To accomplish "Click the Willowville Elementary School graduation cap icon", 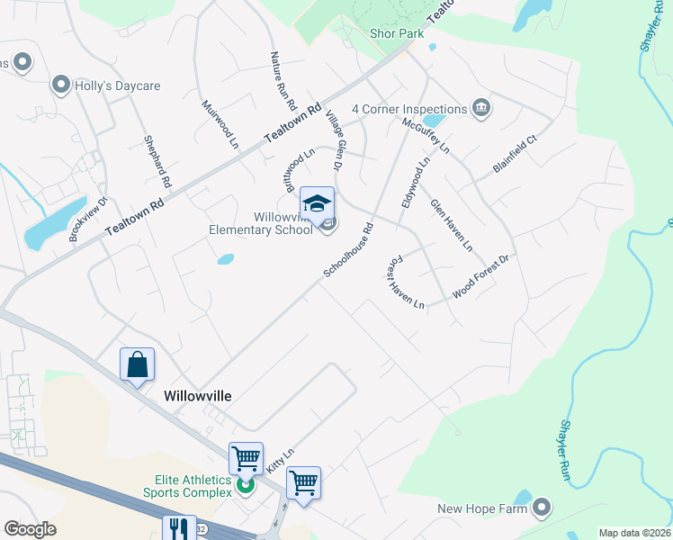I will [317, 203].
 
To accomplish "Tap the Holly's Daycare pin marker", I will [61, 85].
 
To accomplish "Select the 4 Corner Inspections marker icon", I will [480, 109].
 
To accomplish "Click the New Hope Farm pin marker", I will [541, 508].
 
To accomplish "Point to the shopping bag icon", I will [137, 364].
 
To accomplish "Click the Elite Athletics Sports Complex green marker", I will [244, 487].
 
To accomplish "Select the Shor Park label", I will [396, 33].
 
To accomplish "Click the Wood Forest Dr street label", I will [481, 276].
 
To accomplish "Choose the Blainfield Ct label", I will [515, 155].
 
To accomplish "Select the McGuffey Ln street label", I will [426, 135].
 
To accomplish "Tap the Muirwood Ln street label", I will [220, 124].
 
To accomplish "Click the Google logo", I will [31, 529].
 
